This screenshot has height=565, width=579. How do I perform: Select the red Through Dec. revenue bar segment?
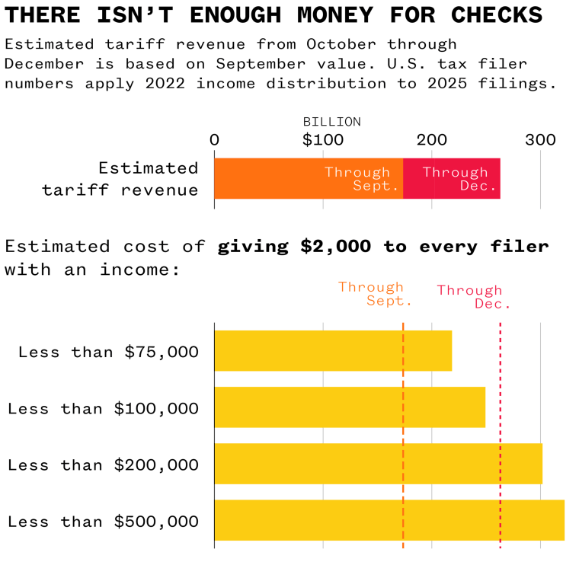451,178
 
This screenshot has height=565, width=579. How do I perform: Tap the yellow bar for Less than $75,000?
332,350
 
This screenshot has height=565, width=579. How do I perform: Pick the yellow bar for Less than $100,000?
349,407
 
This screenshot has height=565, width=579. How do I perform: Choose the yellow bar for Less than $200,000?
378,463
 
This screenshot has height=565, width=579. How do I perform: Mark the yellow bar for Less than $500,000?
389,519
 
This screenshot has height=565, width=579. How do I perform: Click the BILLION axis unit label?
331,122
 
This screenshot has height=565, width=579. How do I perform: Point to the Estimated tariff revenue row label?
120,178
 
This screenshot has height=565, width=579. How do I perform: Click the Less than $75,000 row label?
108,352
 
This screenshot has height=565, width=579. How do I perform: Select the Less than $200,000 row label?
103,464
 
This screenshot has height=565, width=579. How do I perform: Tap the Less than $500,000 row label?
103,522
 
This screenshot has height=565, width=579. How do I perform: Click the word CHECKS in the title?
497,15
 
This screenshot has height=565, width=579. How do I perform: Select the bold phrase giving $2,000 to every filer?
383,247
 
